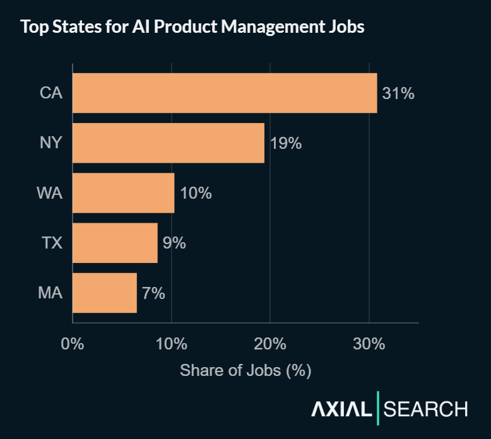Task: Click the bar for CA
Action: click(x=225, y=93)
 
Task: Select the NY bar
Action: click(x=169, y=143)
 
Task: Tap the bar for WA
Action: click(x=124, y=193)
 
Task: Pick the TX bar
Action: click(x=115, y=243)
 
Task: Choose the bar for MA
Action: click(x=105, y=293)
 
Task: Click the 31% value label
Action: click(x=398, y=93)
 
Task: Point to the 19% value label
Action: click(x=286, y=143)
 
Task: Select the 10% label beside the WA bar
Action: click(x=196, y=193)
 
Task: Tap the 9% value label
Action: click(x=174, y=243)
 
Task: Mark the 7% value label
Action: click(x=153, y=293)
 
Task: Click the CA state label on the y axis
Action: click(x=50, y=93)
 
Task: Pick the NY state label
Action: click(x=50, y=143)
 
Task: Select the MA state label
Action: click(x=50, y=293)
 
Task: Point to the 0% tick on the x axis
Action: click(x=73, y=344)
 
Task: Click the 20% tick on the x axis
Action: click(x=270, y=344)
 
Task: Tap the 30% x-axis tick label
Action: click(x=369, y=344)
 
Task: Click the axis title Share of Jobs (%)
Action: click(x=245, y=370)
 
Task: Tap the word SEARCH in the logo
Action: click(x=426, y=409)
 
